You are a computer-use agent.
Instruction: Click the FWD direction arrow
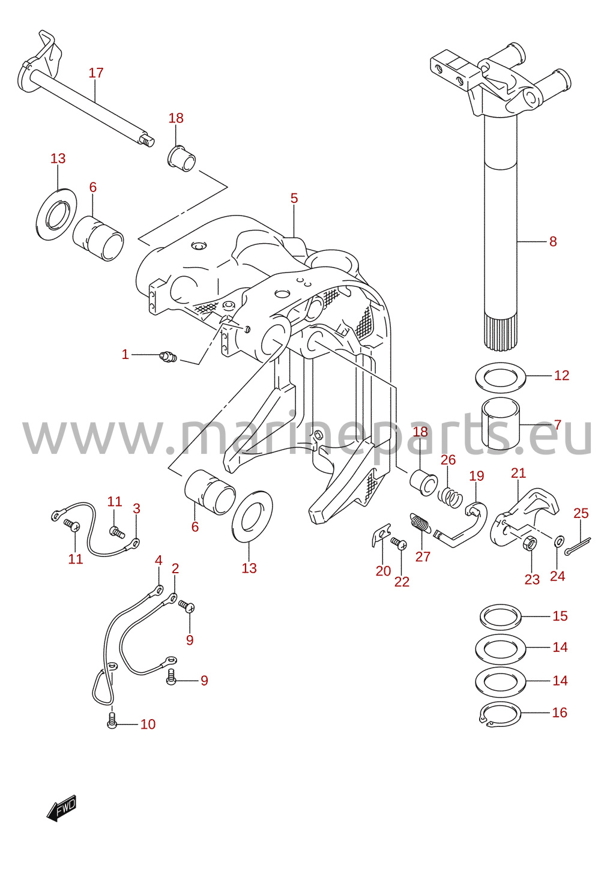point(62,808)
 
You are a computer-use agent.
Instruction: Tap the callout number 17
point(96,73)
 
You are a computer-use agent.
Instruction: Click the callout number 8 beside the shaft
point(553,241)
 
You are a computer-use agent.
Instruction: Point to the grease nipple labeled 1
point(169,356)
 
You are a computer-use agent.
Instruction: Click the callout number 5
point(294,198)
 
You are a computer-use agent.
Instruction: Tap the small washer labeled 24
point(559,540)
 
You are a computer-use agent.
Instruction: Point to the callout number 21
point(518,473)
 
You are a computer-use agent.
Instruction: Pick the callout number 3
point(136,508)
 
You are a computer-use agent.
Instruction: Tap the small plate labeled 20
point(381,534)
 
